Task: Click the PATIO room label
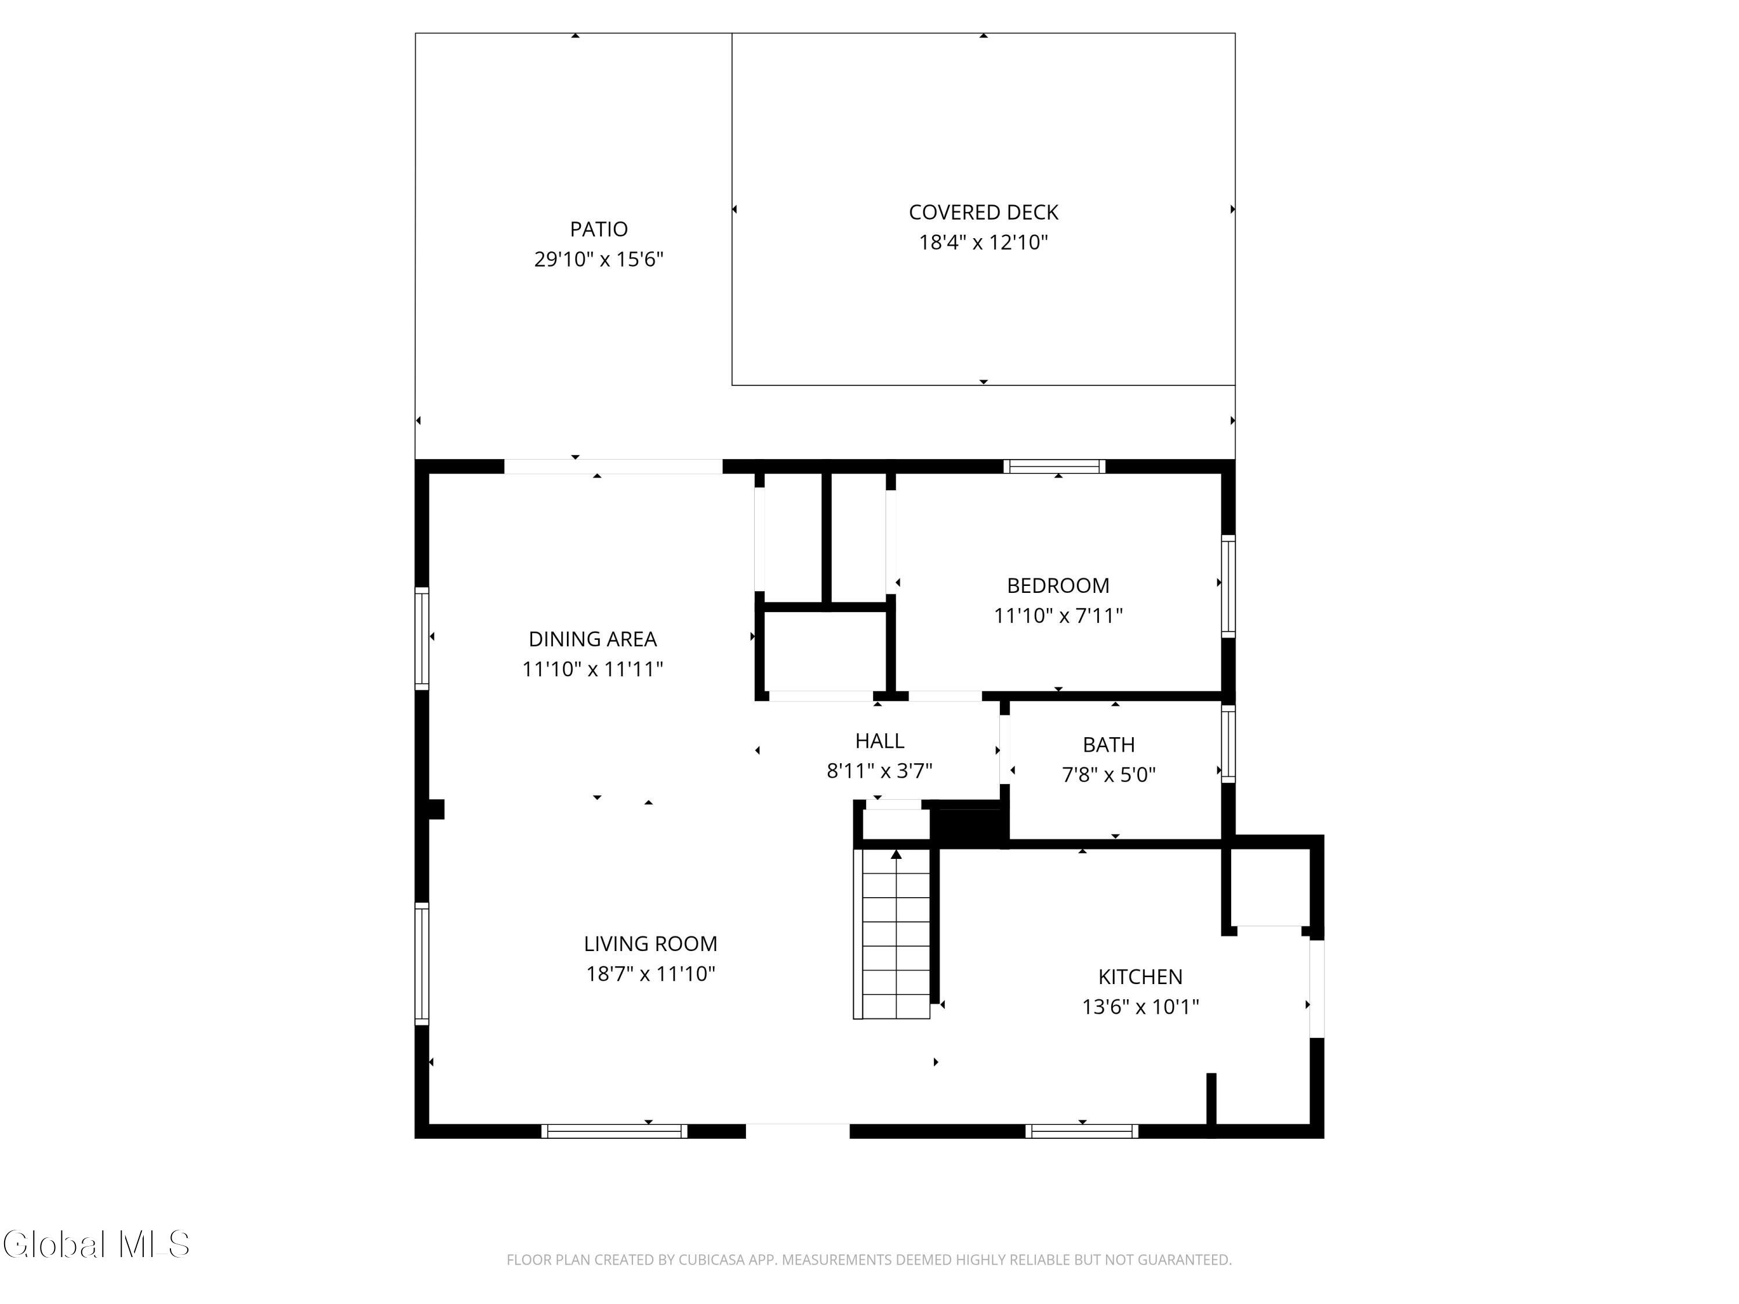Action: [598, 230]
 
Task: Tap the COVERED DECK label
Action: [984, 212]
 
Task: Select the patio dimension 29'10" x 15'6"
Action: [599, 260]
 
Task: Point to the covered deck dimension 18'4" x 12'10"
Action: [984, 242]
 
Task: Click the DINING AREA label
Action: [593, 639]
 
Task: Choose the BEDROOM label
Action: [1058, 585]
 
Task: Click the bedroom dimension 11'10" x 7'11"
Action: [1058, 615]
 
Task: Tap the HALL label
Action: [880, 741]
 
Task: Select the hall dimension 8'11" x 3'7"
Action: [880, 770]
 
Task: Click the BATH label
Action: [1108, 744]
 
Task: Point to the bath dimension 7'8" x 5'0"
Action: [1108, 774]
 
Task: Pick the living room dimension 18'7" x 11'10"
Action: [650, 973]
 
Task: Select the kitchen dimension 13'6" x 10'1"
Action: [1140, 1006]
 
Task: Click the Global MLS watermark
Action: [96, 1244]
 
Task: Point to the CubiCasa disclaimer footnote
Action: [869, 1260]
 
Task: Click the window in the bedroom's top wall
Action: [1054, 466]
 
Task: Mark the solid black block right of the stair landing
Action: [969, 825]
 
